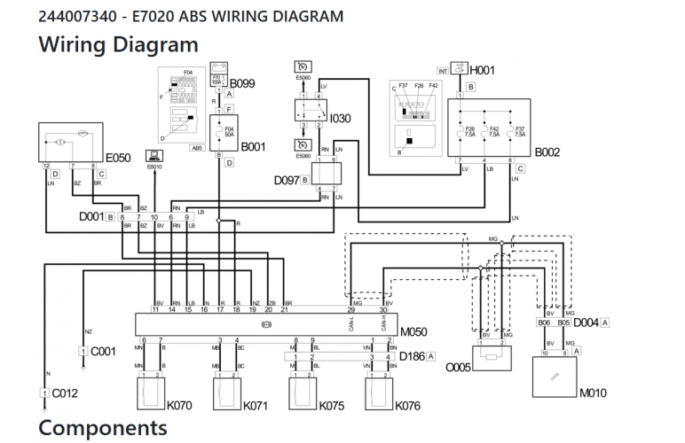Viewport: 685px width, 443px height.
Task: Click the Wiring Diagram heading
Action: (x=118, y=43)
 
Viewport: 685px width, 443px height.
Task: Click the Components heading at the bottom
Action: (x=102, y=428)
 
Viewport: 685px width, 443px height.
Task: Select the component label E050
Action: (x=118, y=159)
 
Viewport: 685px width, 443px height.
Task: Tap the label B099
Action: (x=242, y=83)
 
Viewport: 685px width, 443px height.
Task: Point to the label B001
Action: (x=254, y=146)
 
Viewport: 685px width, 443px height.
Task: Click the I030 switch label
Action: (x=341, y=117)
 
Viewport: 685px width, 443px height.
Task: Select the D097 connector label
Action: (x=286, y=180)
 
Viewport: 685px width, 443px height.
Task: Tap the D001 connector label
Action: (x=91, y=216)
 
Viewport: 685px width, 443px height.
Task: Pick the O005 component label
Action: (x=458, y=367)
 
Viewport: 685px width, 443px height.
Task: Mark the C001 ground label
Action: (x=104, y=351)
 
